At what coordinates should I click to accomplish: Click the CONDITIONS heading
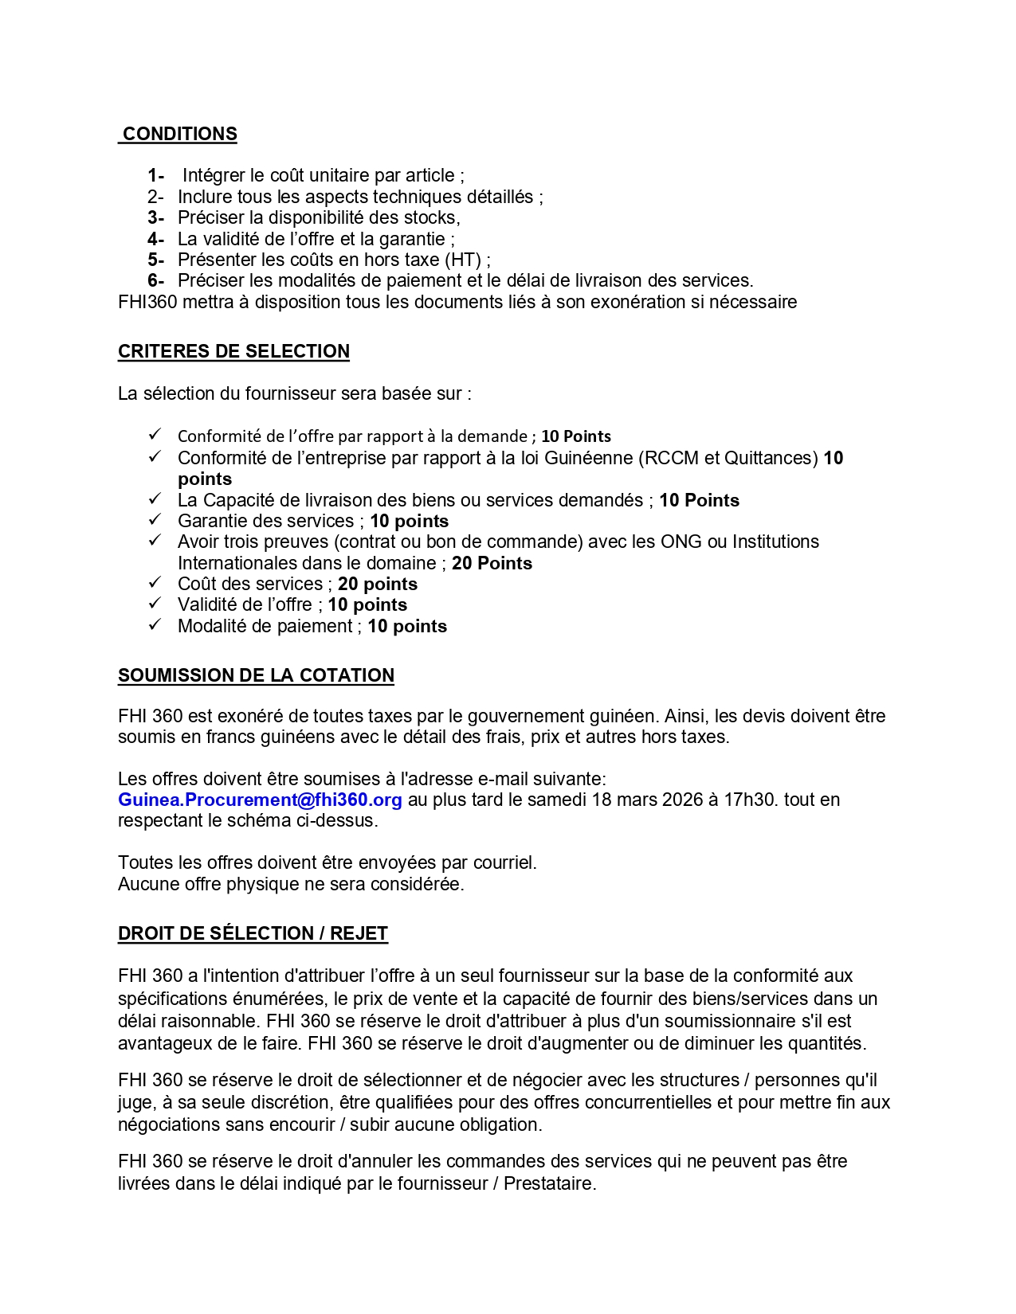coord(179,134)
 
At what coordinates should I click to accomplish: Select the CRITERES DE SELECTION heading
coord(233,351)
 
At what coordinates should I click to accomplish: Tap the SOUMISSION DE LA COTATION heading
coord(256,675)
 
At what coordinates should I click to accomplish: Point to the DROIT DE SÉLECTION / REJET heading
coord(253,933)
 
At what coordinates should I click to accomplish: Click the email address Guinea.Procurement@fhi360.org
coord(260,800)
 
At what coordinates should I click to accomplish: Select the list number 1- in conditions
coord(155,175)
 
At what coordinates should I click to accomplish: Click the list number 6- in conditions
coord(155,280)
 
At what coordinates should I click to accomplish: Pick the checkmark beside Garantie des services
coord(155,520)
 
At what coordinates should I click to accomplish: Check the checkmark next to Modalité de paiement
coord(155,625)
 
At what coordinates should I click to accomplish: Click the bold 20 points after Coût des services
coord(378,584)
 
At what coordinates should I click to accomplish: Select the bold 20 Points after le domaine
coord(492,563)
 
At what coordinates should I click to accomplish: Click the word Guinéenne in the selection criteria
coord(588,458)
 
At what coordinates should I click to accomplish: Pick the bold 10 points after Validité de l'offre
coord(367,604)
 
